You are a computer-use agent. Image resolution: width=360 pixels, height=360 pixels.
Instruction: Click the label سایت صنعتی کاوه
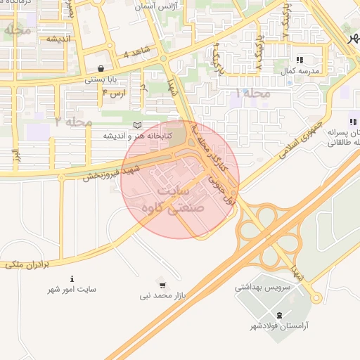click(174, 200)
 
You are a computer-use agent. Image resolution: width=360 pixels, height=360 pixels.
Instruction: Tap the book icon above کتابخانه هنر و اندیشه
click(136, 124)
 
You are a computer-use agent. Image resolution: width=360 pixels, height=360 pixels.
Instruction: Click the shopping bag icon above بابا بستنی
click(103, 69)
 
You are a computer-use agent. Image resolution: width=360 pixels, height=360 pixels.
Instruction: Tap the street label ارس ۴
click(114, 93)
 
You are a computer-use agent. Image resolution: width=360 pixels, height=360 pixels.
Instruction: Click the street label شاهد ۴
click(136, 53)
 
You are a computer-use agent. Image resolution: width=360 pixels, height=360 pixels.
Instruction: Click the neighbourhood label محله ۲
click(73, 122)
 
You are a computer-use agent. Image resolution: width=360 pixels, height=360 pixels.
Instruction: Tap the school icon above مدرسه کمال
click(300, 60)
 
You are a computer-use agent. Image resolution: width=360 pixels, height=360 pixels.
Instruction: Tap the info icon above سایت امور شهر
click(72, 278)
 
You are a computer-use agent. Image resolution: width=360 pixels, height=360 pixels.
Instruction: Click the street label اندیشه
click(60, 39)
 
